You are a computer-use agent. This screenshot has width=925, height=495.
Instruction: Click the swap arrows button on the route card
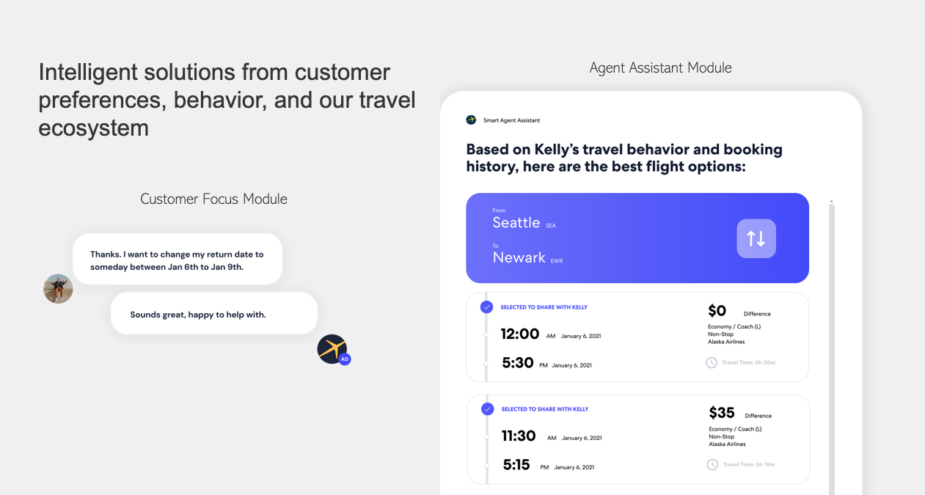[x=756, y=238]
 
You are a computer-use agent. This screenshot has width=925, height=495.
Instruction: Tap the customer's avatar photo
[x=58, y=289]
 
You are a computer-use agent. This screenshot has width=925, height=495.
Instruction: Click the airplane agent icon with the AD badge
[x=333, y=349]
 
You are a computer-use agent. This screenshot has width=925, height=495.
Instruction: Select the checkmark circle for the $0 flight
[x=486, y=307]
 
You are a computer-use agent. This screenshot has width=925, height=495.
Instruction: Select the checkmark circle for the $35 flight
[x=487, y=408]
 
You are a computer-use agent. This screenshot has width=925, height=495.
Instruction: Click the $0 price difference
[x=717, y=310]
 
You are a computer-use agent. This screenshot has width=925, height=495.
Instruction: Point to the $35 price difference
[x=722, y=412]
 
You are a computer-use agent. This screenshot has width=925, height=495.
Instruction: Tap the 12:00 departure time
[x=520, y=334]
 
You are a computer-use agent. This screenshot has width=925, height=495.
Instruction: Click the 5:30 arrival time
[x=518, y=362]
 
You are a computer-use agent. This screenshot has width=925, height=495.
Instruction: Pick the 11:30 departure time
[x=519, y=436]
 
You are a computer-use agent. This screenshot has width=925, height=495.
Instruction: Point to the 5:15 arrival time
[x=516, y=464]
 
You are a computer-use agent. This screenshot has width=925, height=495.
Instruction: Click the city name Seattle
[x=516, y=222]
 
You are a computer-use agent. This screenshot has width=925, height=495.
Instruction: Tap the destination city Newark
[x=519, y=257]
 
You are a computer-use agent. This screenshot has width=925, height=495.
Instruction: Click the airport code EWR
[x=557, y=261]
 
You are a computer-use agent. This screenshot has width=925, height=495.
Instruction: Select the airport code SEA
[x=551, y=225]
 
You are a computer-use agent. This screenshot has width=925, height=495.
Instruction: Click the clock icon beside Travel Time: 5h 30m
[x=712, y=362]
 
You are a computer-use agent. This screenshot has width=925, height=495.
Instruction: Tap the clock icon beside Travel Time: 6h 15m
[x=712, y=464]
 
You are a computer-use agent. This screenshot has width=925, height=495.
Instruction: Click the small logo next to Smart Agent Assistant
[x=471, y=120]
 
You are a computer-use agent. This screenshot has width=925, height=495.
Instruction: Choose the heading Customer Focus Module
[x=213, y=199]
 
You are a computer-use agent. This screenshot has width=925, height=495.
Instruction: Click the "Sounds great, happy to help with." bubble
[x=214, y=313]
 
